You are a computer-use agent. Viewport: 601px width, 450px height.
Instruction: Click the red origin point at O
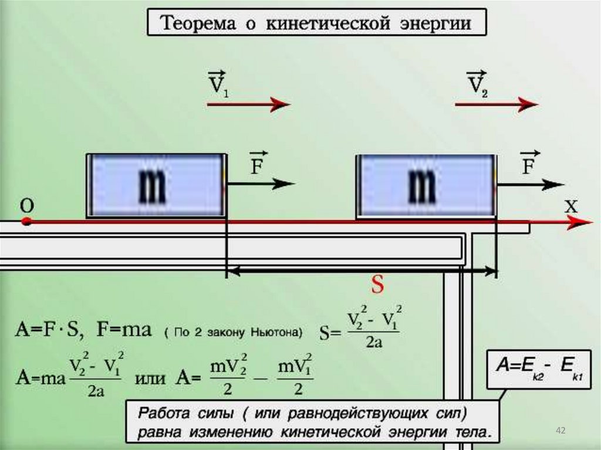[26, 221]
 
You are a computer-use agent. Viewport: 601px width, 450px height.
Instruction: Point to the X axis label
[571, 207]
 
